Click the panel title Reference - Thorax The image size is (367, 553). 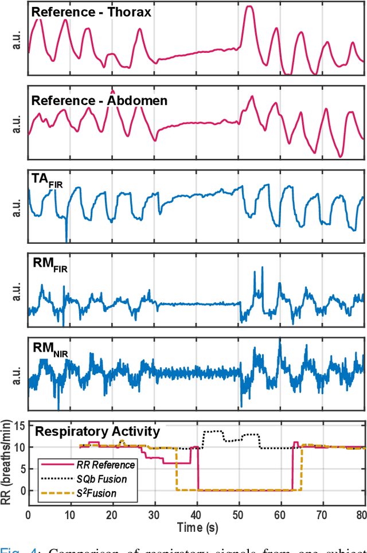click(x=91, y=12)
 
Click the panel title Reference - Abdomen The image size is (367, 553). click(x=99, y=101)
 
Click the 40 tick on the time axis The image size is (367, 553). click(x=197, y=514)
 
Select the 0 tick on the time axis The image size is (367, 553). click(x=29, y=514)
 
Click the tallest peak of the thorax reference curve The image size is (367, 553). click(x=248, y=7)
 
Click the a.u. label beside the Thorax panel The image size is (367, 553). click(x=15, y=40)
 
